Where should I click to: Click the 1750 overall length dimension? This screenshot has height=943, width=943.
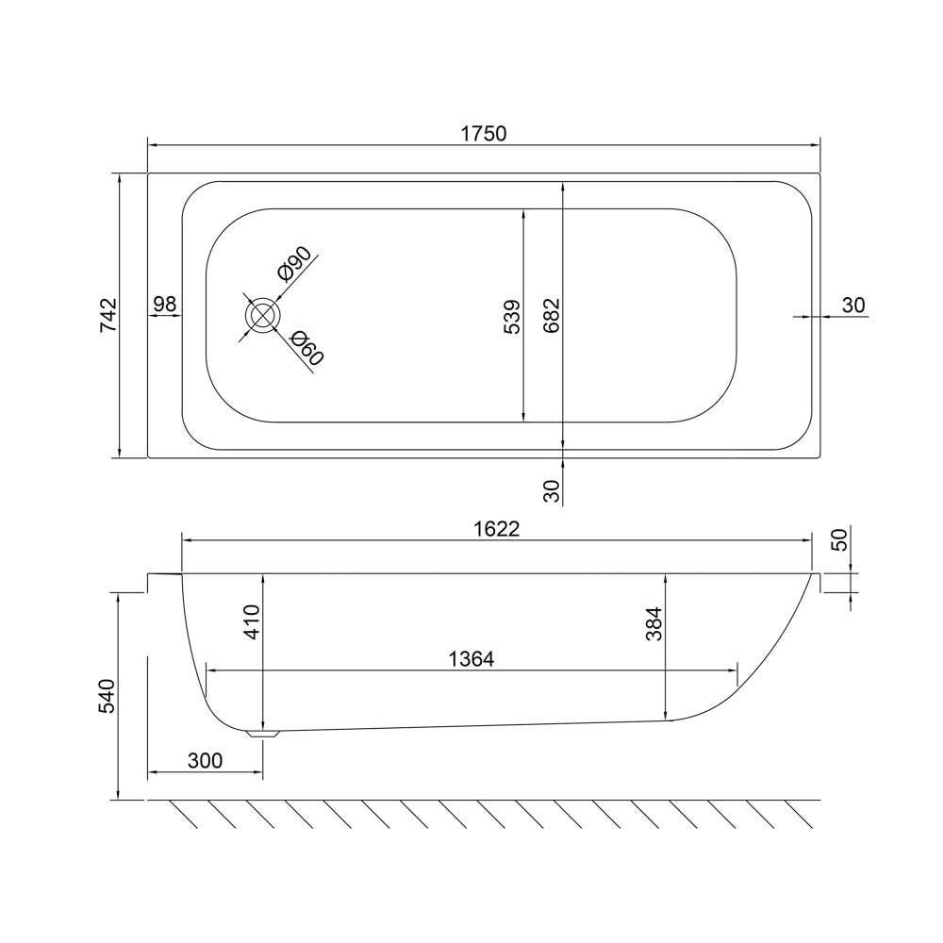point(484,133)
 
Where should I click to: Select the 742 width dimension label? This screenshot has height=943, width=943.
point(109,315)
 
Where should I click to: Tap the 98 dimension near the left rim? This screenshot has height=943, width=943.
point(165,304)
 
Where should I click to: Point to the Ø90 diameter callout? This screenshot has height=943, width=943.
point(294,264)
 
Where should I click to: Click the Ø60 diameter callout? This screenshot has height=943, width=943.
point(306,349)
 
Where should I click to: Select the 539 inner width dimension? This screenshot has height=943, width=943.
point(512,316)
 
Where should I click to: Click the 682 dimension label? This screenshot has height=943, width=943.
point(552,315)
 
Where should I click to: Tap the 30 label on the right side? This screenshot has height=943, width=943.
point(853,306)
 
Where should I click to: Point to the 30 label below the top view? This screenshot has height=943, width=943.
point(552,490)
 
